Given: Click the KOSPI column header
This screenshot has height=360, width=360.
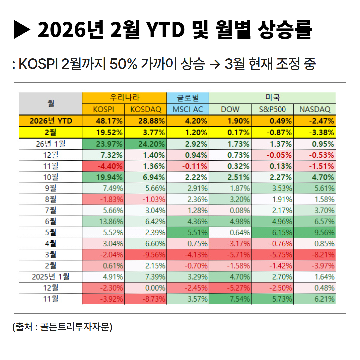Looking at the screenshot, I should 103,109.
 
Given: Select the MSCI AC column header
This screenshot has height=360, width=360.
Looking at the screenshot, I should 188,109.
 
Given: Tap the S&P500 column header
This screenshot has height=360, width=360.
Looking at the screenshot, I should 272,109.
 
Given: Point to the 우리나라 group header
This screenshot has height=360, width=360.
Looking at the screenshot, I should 124,98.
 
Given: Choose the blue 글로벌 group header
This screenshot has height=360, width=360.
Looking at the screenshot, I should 188,98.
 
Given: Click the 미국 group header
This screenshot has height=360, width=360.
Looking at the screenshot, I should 272,98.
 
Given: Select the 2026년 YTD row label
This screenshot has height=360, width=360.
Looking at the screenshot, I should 50,121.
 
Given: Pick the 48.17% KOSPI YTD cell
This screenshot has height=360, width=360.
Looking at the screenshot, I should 103,121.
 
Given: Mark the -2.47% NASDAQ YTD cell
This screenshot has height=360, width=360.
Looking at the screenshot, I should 315,121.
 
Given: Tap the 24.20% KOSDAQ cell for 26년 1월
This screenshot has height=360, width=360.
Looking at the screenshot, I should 145,144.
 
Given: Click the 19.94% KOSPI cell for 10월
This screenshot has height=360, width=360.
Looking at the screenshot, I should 103,177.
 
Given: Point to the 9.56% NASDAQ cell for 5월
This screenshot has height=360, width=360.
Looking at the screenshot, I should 315,232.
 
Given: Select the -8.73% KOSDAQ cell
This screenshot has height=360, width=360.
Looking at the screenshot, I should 145,299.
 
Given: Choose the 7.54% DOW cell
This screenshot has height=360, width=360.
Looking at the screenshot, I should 230,299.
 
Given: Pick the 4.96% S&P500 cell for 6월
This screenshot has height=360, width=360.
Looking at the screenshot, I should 272,221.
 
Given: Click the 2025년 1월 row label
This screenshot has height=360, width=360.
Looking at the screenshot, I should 50,276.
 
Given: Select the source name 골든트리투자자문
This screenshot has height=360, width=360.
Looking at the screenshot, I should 75,327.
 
